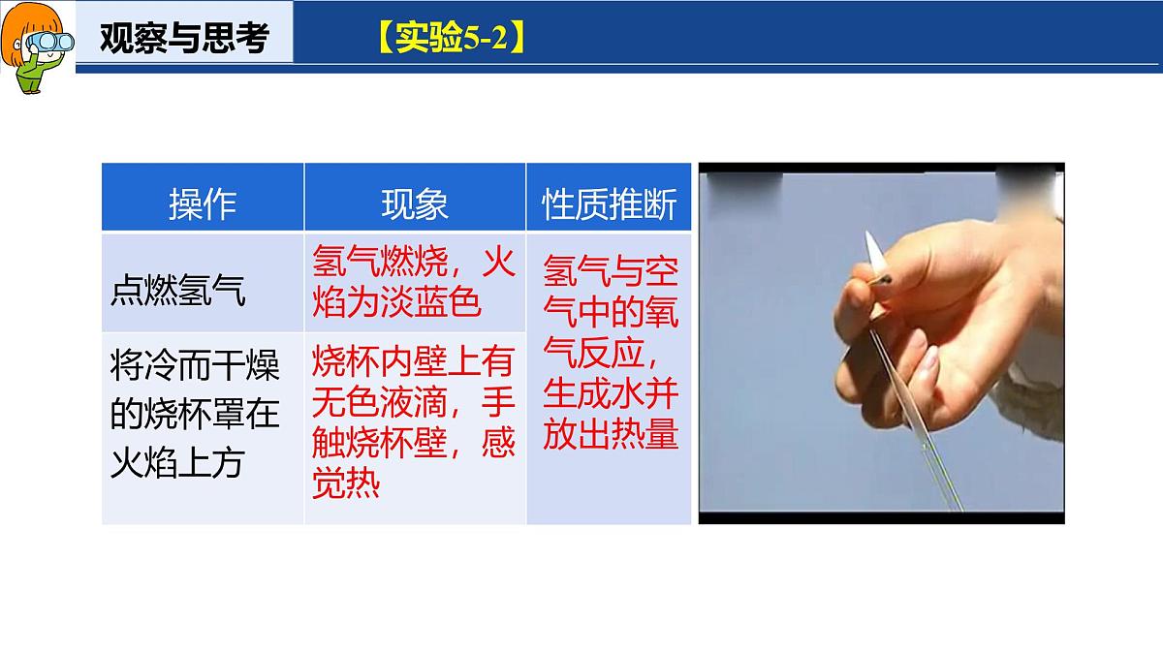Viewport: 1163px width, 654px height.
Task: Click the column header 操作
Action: [x=203, y=203]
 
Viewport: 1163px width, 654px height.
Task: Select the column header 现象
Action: [x=415, y=203]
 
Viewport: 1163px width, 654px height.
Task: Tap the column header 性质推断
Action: [x=609, y=203]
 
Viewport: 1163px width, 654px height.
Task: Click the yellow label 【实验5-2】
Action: [x=451, y=40]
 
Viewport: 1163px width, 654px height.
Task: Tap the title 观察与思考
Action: [x=184, y=40]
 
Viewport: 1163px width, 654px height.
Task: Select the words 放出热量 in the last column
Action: [x=611, y=435]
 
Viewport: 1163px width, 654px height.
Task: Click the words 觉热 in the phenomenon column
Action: [x=346, y=483]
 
